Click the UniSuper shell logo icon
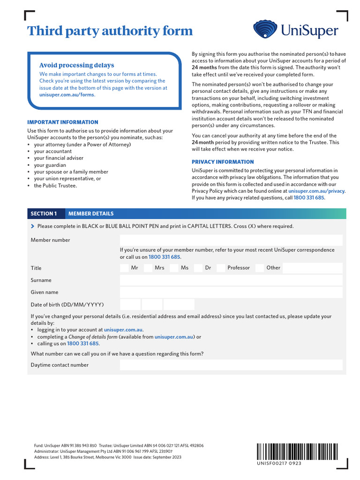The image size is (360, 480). click(266, 30)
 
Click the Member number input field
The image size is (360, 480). click(231, 240)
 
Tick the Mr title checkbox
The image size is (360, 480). click(124, 268)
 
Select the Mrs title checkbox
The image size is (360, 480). click(148, 268)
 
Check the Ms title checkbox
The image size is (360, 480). click(174, 268)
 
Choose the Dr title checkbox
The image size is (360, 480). click(198, 268)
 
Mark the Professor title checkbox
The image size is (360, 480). click(221, 268)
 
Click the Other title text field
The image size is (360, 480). click(313, 268)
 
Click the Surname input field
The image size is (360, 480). click(231, 280)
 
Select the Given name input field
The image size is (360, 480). click(231, 292)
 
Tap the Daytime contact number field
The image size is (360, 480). click(231, 365)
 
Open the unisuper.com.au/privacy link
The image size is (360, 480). click(316, 191)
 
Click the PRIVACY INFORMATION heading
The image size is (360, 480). click(223, 162)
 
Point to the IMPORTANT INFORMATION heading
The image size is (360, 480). click(63, 122)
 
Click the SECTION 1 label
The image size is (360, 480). click(44, 214)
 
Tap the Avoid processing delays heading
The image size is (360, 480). click(76, 65)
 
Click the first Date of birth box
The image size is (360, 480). click(130, 305)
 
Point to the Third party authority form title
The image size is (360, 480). click(110, 31)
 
